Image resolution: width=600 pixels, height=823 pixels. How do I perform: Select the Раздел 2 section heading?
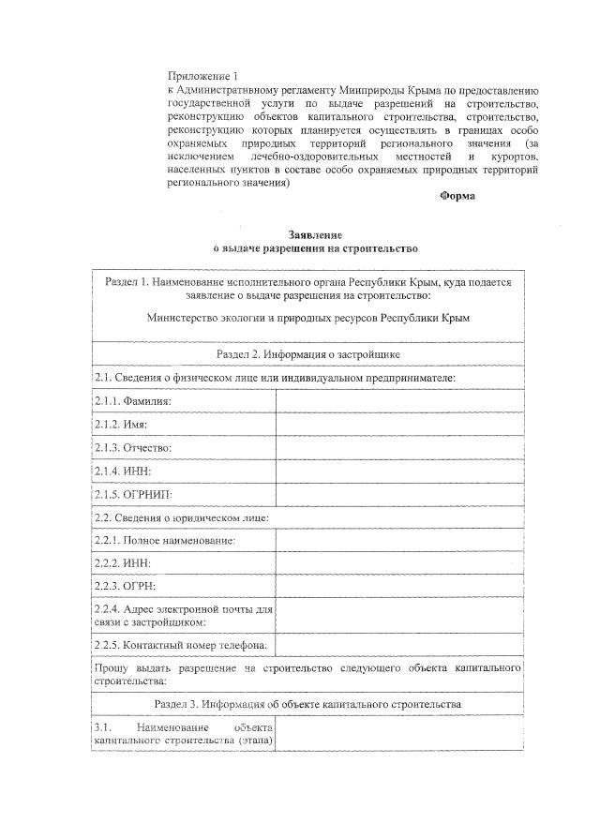[307, 354]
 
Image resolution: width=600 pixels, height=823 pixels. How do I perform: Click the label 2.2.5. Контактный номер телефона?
[182, 645]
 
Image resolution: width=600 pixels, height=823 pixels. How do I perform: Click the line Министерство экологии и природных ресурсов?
[308, 318]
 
